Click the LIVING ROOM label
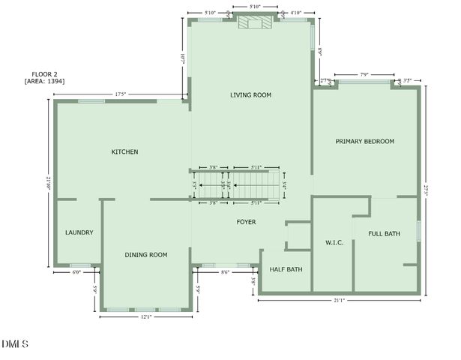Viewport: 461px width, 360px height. pos(250,95)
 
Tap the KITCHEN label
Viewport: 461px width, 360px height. pos(124,152)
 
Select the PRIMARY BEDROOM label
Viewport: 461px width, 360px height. pos(364,141)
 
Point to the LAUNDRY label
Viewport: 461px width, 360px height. pos(79,232)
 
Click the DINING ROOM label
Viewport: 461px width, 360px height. pos(145,255)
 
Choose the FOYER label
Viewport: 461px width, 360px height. pos(246,222)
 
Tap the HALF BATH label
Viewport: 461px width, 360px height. pos(286,269)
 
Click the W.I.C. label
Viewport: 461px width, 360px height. pos(334,243)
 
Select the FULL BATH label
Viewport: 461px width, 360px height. pos(384,234)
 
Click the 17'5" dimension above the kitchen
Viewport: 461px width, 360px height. pos(119,94)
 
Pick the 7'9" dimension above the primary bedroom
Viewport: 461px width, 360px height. pos(364,74)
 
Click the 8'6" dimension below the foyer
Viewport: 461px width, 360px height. pos(225,273)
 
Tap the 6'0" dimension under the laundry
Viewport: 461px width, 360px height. pos(76,273)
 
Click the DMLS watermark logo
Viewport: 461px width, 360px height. pos(14,344)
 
